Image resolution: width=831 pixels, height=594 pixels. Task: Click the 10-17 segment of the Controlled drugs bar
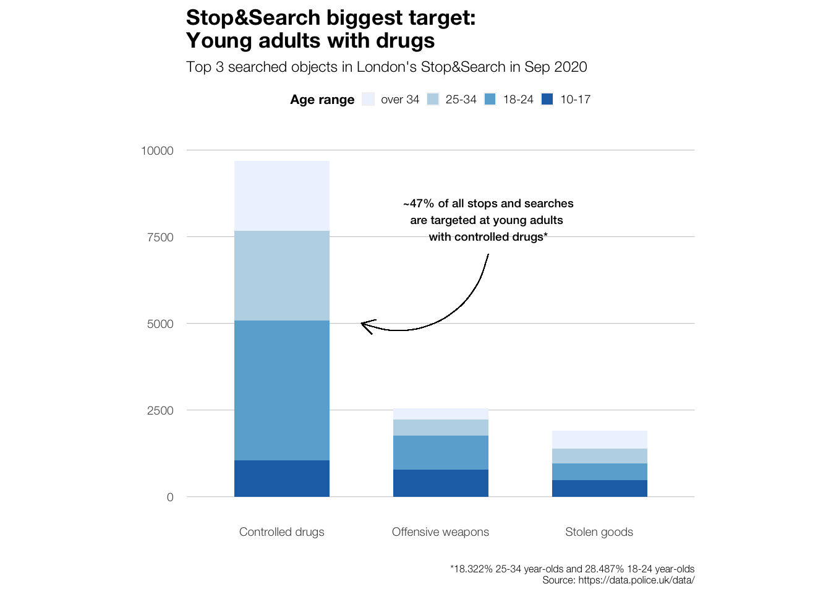coord(281,478)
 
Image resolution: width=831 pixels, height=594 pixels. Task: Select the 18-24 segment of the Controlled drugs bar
coord(281,390)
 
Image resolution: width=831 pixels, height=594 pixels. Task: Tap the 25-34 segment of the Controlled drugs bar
coord(281,275)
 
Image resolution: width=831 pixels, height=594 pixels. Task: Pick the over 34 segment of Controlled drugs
coord(281,196)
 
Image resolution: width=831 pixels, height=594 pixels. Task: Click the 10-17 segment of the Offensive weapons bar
coord(440,483)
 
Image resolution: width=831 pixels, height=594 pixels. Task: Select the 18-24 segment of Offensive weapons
coord(440,452)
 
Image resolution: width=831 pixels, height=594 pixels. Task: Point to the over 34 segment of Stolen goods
coord(599,439)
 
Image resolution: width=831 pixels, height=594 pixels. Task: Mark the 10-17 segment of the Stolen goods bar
coord(599,488)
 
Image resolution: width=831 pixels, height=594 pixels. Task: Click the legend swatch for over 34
coord(369,99)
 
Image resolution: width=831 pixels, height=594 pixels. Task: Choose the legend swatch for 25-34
coord(433,99)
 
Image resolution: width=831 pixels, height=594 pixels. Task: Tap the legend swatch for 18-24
coord(490,99)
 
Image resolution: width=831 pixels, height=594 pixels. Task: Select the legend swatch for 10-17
coord(547,99)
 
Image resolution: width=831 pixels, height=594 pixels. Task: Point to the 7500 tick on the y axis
coord(160,237)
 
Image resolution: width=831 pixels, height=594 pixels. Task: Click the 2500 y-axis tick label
coord(160,410)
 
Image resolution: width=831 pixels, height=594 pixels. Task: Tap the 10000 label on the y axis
coord(157,150)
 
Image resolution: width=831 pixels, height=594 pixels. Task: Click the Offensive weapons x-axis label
coord(440,532)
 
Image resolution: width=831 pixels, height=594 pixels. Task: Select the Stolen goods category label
coord(599,532)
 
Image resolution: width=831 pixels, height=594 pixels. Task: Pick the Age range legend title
coord(322,100)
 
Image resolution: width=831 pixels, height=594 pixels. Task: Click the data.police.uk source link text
coord(636,580)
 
